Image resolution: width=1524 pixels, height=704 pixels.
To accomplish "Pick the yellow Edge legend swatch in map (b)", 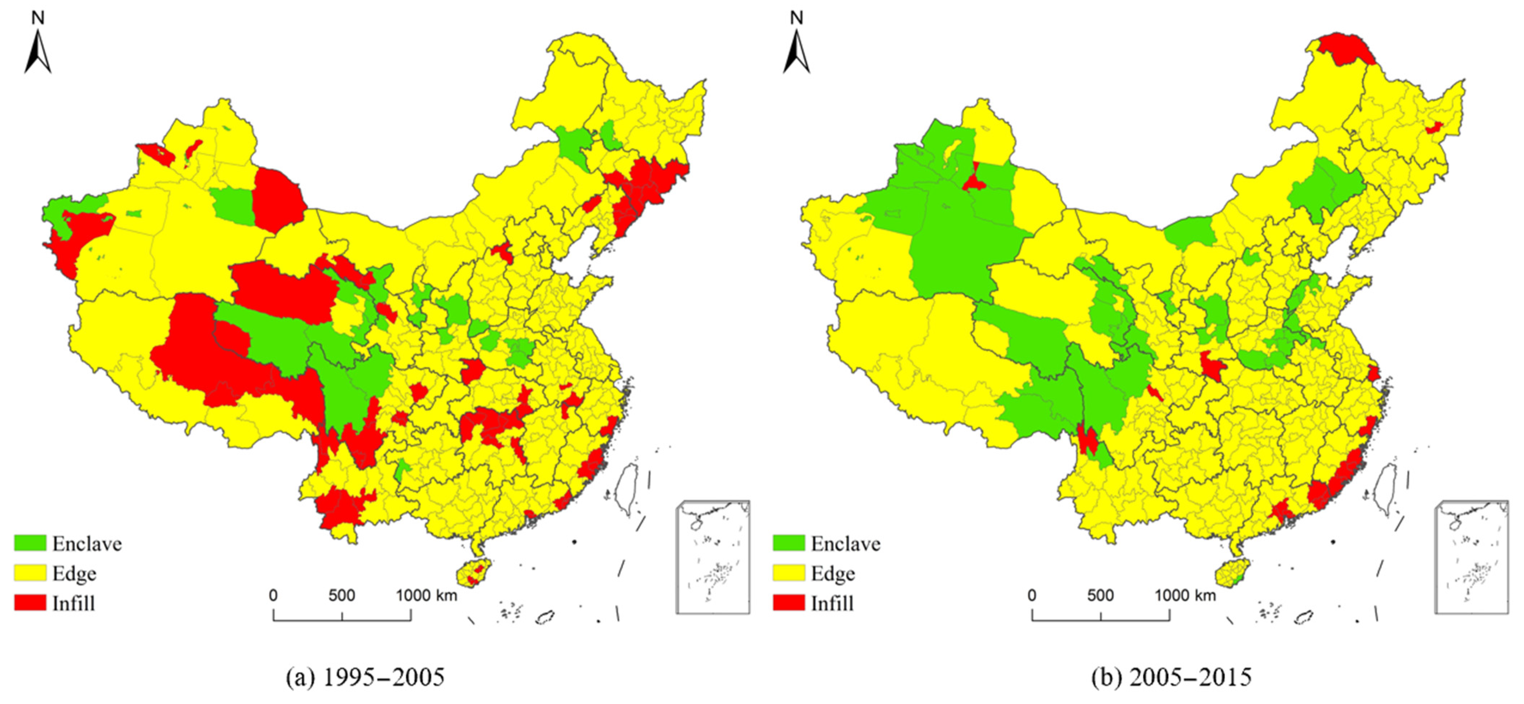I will click(789, 573).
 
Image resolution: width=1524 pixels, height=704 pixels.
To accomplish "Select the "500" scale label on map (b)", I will click(1100, 595).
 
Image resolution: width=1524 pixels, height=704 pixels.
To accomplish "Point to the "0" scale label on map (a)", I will click(273, 595).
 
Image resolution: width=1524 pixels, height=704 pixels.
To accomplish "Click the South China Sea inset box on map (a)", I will click(713, 557).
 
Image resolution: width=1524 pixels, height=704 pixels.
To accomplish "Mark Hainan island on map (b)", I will click(1232, 573).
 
